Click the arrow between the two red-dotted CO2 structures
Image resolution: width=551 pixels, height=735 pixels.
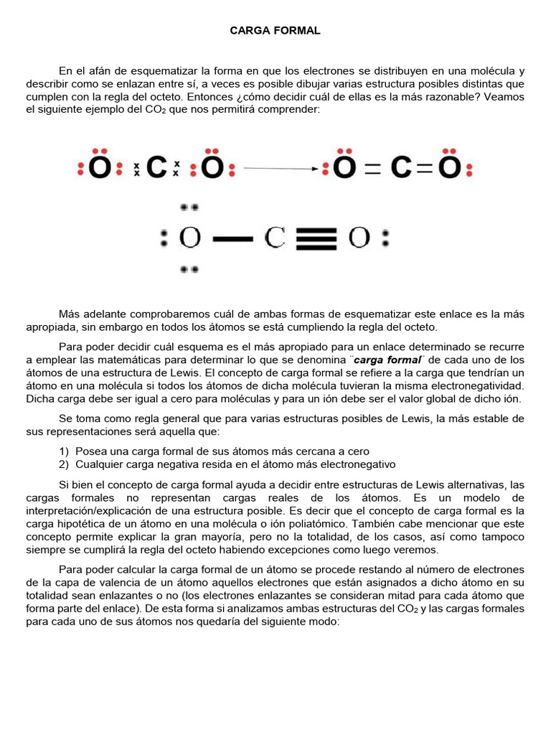[x=281, y=169]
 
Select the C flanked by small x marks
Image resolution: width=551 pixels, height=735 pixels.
[x=156, y=168]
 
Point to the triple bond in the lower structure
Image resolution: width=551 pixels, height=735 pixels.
[x=316, y=238]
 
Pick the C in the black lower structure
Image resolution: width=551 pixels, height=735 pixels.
[x=275, y=238]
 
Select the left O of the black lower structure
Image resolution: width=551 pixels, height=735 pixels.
[x=189, y=238]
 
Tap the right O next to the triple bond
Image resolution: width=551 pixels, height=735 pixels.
[x=359, y=238]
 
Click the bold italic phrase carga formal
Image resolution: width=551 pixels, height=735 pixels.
[x=387, y=360]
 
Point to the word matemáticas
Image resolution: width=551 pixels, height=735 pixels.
[x=146, y=360]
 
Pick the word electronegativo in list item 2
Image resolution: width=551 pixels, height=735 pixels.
[x=357, y=464]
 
